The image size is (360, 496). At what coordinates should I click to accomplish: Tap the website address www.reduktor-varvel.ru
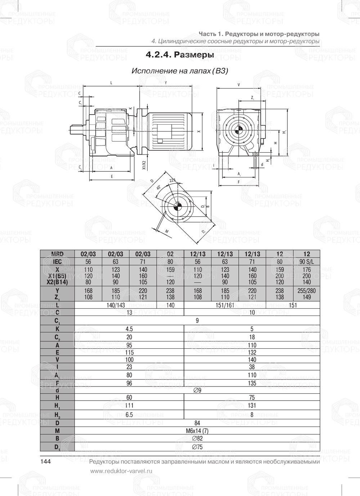point(121,471)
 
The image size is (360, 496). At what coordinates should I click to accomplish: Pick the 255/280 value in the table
point(307,291)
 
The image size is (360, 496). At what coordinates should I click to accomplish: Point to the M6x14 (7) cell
point(197,431)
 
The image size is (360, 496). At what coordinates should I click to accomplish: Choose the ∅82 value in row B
point(197,439)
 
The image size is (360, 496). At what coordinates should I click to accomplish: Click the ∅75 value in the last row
point(197,447)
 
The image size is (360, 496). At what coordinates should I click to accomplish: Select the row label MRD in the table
point(57,254)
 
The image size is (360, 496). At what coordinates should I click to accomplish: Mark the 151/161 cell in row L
point(225,305)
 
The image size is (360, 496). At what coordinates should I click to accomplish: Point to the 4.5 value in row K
point(129,329)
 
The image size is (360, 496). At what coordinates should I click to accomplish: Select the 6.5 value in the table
point(129,415)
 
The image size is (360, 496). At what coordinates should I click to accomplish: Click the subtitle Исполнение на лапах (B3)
point(180,71)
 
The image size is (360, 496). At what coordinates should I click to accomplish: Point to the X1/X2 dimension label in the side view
point(144,165)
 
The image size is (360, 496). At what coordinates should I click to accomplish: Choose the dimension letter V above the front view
point(239,85)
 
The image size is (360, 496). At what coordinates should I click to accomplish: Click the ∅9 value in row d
point(197,390)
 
